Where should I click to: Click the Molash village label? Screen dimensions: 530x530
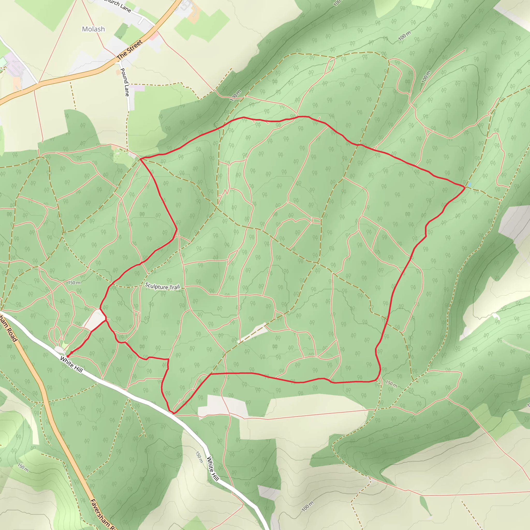pyautogui.click(x=93, y=29)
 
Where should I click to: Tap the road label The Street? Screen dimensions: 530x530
pyautogui.click(x=129, y=50)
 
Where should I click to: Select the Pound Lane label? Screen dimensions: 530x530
pyautogui.click(x=125, y=82)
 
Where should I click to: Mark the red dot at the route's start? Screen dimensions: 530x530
pyautogui.click(x=68, y=356)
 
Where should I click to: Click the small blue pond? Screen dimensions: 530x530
pyautogui.click(x=469, y=185)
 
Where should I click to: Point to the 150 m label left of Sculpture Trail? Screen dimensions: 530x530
pyautogui.click(x=74, y=283)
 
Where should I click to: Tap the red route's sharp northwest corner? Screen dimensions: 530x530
pyautogui.click(x=141, y=159)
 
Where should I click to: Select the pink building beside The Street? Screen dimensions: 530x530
pyautogui.click(x=154, y=35)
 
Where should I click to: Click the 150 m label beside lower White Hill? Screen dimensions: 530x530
pyautogui.click(x=199, y=457)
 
